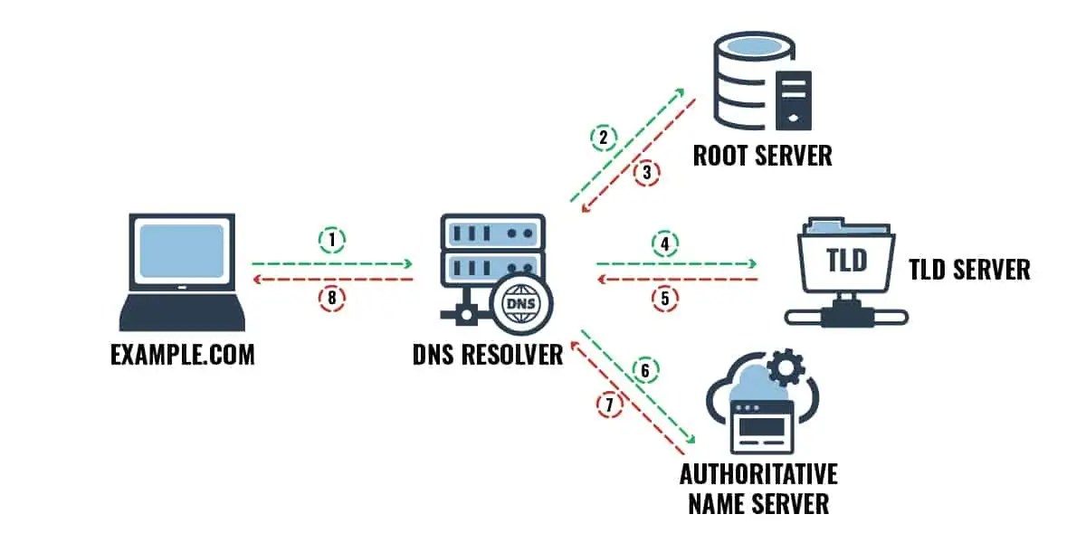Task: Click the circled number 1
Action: [332, 240]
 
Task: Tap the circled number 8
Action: [332, 300]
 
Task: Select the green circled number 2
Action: [604, 138]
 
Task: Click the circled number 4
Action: [664, 243]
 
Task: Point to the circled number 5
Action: [664, 300]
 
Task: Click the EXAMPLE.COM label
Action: [183, 354]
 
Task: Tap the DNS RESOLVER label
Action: [488, 354]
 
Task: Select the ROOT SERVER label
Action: [762, 155]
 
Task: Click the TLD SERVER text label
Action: [969, 269]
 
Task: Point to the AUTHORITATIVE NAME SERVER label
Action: [758, 489]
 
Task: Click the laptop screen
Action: [182, 251]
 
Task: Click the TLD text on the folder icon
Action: [847, 262]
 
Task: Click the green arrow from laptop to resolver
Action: [332, 264]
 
